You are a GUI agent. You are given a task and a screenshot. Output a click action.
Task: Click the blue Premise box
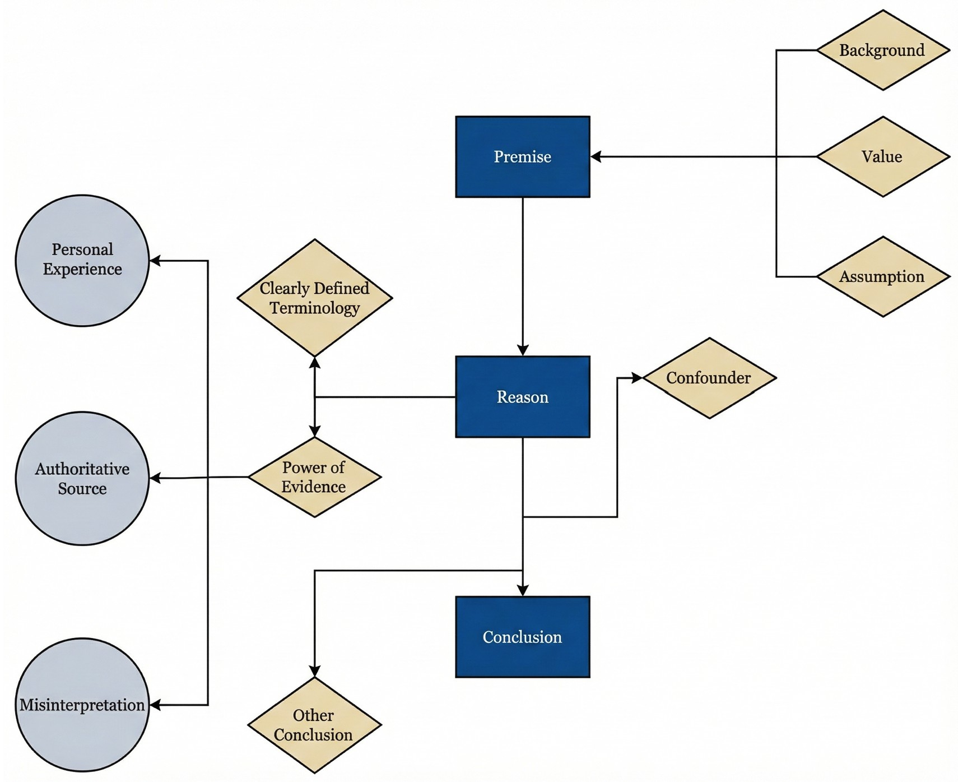pos(522,156)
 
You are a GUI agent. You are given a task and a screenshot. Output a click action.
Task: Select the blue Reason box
pos(522,396)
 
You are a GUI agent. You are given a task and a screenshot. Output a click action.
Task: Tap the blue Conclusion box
pos(522,637)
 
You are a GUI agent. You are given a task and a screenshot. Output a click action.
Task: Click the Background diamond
pos(882,50)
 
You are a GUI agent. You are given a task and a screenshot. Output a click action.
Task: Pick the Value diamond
pos(882,156)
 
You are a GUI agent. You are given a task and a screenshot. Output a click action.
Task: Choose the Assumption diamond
pos(882,276)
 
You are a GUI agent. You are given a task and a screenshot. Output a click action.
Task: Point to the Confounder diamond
pos(709,378)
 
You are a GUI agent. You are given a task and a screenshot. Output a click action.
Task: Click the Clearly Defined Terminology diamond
pos(314,298)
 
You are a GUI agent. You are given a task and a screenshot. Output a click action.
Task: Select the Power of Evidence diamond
pos(314,477)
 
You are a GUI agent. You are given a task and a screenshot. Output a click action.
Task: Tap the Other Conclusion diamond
pos(314,725)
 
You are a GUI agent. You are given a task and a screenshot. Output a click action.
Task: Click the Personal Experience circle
pos(82,260)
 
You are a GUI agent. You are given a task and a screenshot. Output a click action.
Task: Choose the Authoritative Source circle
pos(82,478)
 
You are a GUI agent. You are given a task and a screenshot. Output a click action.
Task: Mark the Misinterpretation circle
pos(82,705)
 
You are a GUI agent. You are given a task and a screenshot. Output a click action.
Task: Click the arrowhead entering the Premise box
pos(596,157)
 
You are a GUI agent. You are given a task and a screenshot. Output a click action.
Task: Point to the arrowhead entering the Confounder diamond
pos(637,378)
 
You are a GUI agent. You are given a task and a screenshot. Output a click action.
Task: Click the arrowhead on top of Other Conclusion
pos(314,671)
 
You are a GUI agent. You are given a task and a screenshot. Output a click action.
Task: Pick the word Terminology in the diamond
pos(314,308)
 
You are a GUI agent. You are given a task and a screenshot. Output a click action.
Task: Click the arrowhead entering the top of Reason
pos(523,350)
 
